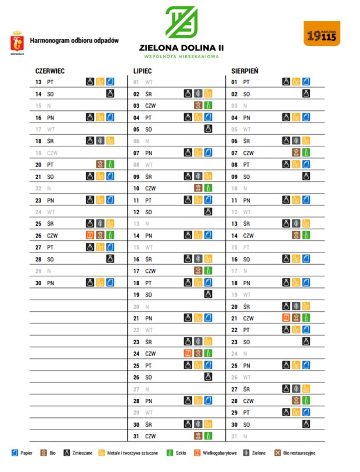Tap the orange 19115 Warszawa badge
[322, 34]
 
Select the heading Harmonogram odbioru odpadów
[74, 41]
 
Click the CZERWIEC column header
[50, 71]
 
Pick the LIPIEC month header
[143, 71]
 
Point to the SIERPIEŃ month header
[245, 71]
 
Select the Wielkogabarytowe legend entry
[215, 453]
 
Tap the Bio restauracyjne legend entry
[296, 453]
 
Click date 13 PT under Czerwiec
[44, 82]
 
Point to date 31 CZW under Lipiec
[145, 435]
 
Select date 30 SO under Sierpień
[241, 424]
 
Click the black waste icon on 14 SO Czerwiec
[110, 93]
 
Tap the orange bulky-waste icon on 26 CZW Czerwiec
[90, 235]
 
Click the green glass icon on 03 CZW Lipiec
[208, 106]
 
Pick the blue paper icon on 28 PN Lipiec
[208, 401]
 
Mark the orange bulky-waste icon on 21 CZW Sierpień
[286, 318]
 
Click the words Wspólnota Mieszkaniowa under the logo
[181, 57]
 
